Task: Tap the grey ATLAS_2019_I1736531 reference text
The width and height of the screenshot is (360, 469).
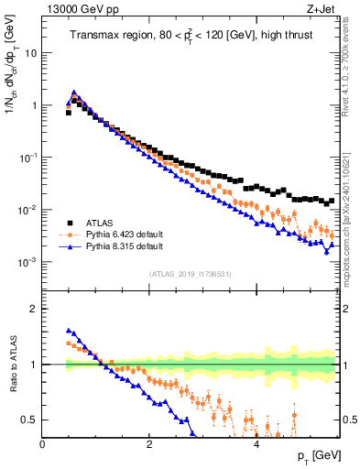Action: tap(191, 273)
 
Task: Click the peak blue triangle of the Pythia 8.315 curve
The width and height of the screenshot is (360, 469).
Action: tap(74, 93)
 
